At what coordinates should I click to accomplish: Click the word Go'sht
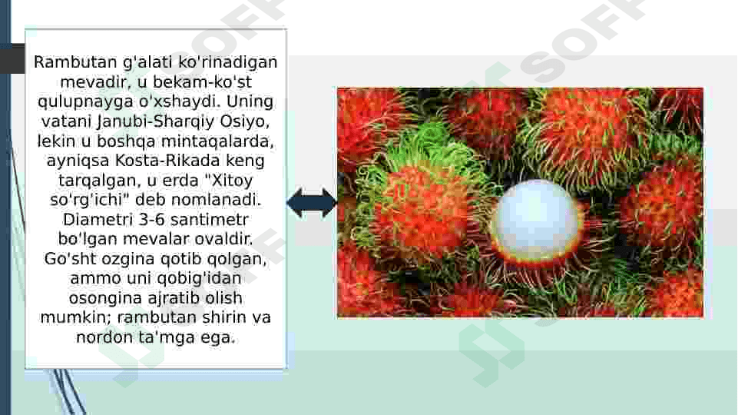[x=68, y=259]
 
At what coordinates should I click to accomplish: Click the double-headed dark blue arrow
[x=312, y=203]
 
